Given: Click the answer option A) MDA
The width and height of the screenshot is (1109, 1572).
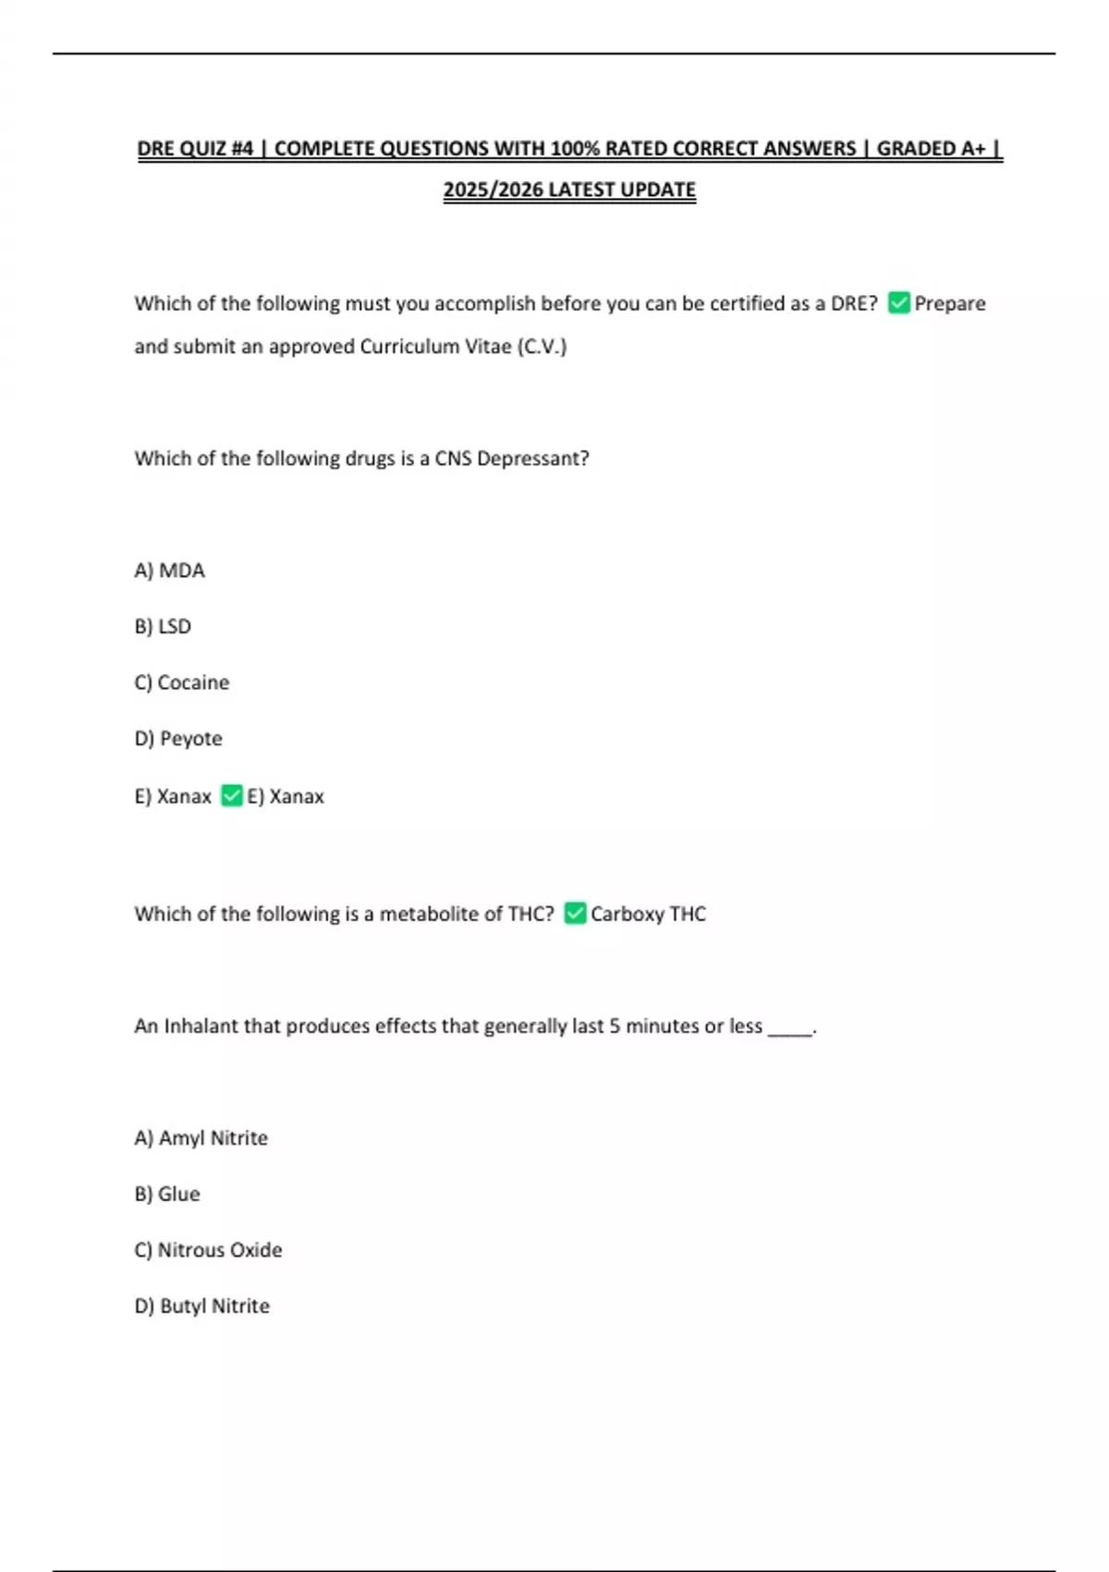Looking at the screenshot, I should [169, 571].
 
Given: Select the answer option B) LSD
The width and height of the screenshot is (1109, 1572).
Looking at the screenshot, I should [163, 627].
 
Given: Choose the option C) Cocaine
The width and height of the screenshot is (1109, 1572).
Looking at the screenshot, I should [181, 682].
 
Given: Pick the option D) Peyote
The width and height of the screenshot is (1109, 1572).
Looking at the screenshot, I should [178, 739].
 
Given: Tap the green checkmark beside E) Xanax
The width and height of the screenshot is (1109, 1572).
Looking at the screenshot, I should [232, 795].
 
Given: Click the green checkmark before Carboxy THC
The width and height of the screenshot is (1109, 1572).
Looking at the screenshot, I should [575, 913].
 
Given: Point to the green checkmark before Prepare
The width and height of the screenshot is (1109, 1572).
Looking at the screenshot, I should [898, 302].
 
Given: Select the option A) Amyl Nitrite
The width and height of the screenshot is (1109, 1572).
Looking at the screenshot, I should [201, 1137].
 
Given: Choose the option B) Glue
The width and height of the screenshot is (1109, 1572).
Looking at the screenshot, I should [167, 1194].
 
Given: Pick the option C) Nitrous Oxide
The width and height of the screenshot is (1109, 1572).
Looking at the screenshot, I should [208, 1250].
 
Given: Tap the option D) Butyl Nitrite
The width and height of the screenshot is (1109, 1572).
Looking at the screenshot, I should [202, 1306].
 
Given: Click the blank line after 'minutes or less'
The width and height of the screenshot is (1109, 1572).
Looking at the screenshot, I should [790, 1029].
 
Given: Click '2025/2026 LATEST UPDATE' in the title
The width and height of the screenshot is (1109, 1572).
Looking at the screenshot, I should [569, 190].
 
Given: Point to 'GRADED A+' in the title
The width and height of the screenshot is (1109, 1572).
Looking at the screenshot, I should [931, 148].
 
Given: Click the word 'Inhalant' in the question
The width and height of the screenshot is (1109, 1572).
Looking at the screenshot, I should [201, 1025].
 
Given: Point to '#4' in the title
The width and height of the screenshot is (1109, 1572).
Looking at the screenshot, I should [243, 148].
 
